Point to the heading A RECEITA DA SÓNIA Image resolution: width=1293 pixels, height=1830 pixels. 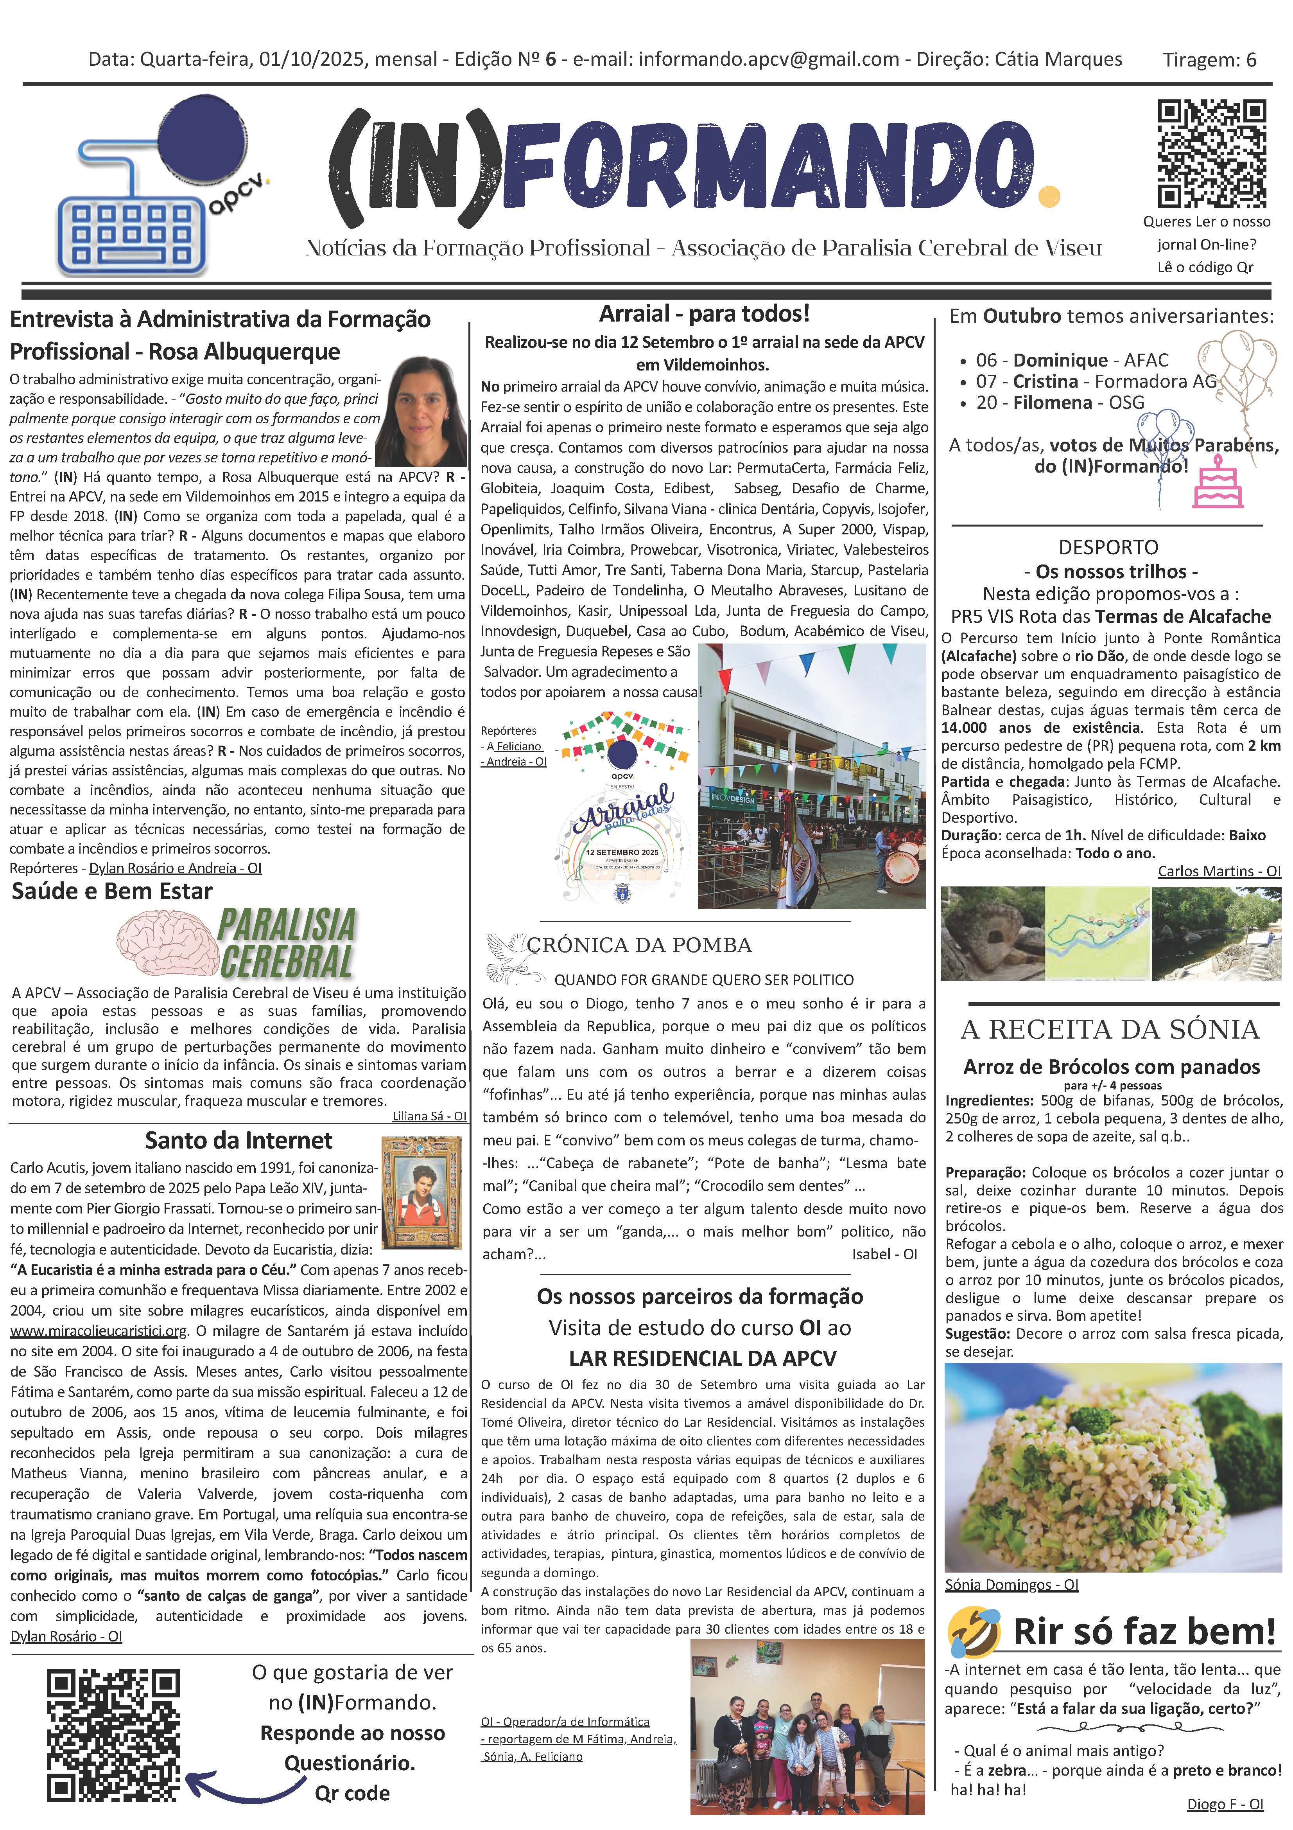1110,1029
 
